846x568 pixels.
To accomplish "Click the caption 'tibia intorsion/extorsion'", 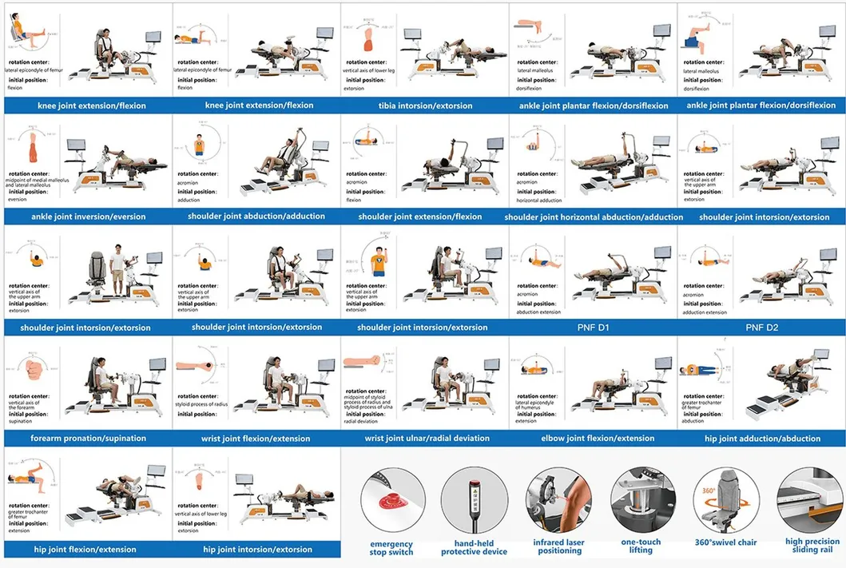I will click(x=425, y=105).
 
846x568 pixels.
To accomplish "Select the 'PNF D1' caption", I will click(x=594, y=328).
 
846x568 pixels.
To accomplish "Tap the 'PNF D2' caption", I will click(x=761, y=328).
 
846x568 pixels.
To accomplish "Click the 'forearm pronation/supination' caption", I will click(x=89, y=439).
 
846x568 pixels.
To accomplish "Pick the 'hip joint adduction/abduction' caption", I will click(x=762, y=439).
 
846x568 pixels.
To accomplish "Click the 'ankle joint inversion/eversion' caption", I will click(x=89, y=216).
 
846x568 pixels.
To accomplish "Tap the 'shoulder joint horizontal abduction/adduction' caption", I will click(x=594, y=216).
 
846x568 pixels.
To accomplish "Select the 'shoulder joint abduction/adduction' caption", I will click(x=256, y=216).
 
